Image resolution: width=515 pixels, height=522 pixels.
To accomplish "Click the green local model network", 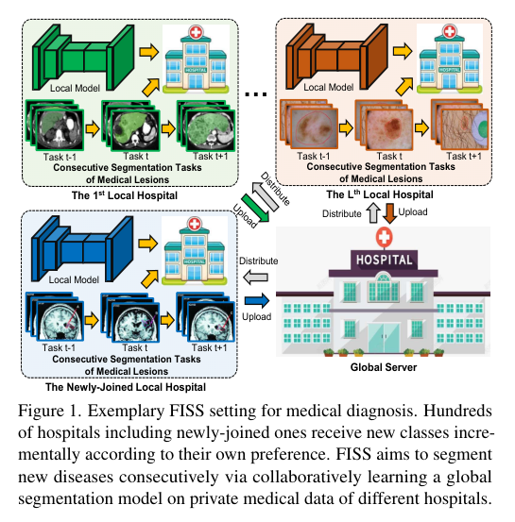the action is click(x=83, y=58).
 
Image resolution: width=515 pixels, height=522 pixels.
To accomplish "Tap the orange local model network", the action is click(x=336, y=57).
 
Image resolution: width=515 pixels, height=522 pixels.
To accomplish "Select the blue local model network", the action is click(x=82, y=249).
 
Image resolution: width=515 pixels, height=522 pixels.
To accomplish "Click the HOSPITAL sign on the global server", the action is click(x=384, y=260).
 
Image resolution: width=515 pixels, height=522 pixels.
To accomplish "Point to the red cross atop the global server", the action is click(x=384, y=237).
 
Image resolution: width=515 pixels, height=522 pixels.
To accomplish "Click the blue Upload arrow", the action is click(x=257, y=300).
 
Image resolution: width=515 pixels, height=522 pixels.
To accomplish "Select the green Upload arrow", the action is click(x=255, y=208).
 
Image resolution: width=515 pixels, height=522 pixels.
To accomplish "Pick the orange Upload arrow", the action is click(x=389, y=213).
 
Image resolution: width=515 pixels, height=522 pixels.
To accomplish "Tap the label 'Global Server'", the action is click(x=384, y=367).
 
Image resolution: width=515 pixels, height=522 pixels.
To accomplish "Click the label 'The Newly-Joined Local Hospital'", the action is click(x=126, y=387).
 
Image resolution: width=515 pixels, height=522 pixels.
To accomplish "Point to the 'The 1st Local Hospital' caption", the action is click(x=125, y=195).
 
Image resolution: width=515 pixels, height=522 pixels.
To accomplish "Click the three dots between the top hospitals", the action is click(x=256, y=94).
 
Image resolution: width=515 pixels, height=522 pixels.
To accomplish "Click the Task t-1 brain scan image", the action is click(x=56, y=317).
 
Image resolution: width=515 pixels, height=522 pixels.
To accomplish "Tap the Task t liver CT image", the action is click(x=130, y=126).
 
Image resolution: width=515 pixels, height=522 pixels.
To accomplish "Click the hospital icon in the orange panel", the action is click(x=450, y=59).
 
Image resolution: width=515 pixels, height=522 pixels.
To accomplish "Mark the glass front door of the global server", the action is click(x=384, y=337).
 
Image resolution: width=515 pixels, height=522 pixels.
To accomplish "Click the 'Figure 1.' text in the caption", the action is click(x=50, y=412).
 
